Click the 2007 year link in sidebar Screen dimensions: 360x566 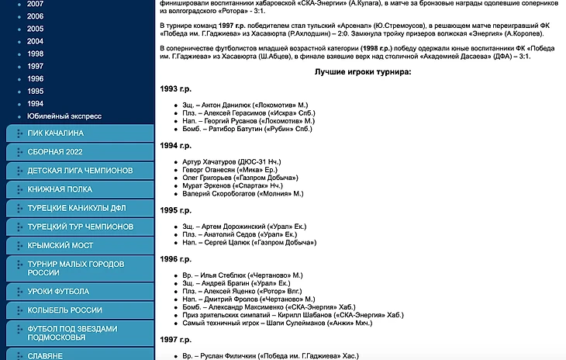coord(35,4)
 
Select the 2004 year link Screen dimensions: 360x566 coord(35,41)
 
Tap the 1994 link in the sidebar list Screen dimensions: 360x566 coord(35,103)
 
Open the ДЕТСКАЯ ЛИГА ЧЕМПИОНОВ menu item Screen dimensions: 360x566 coord(80,170)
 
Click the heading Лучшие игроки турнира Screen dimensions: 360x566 coord(363,71)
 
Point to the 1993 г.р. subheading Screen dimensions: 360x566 coord(175,89)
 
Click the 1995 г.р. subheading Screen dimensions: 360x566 coord(175,209)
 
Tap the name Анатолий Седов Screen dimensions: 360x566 coord(231,234)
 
